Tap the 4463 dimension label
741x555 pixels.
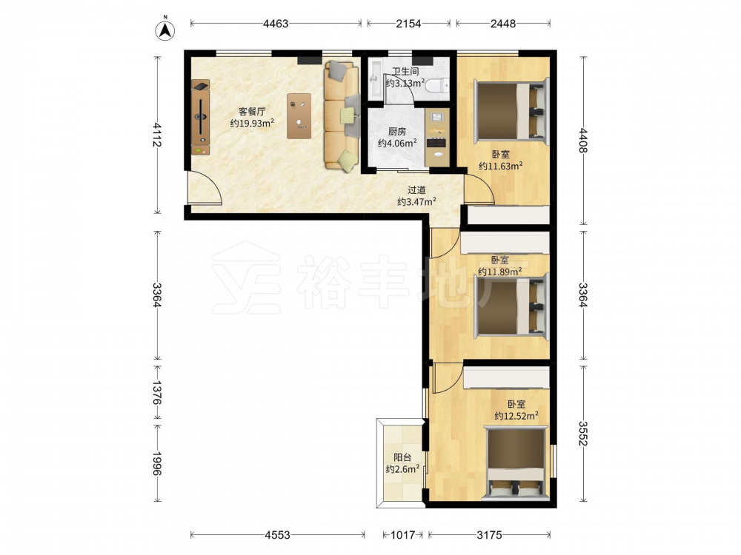[276, 23]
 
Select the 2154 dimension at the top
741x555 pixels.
[408, 23]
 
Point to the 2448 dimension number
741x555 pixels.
[503, 23]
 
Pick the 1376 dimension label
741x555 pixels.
[157, 393]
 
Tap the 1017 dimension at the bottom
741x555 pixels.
[402, 535]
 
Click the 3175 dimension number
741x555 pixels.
[489, 535]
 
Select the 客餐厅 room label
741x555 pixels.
[252, 112]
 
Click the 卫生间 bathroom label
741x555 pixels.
[405, 72]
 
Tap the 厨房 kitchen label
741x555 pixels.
[397, 132]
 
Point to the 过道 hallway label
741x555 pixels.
[416, 190]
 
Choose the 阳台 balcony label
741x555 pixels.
[402, 457]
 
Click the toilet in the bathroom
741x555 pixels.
[436, 85]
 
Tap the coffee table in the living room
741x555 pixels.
[299, 115]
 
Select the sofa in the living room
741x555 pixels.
[341, 115]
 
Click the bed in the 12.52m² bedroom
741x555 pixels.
[516, 462]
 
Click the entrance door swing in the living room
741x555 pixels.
[205, 188]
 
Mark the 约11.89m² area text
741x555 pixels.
[500, 272]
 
